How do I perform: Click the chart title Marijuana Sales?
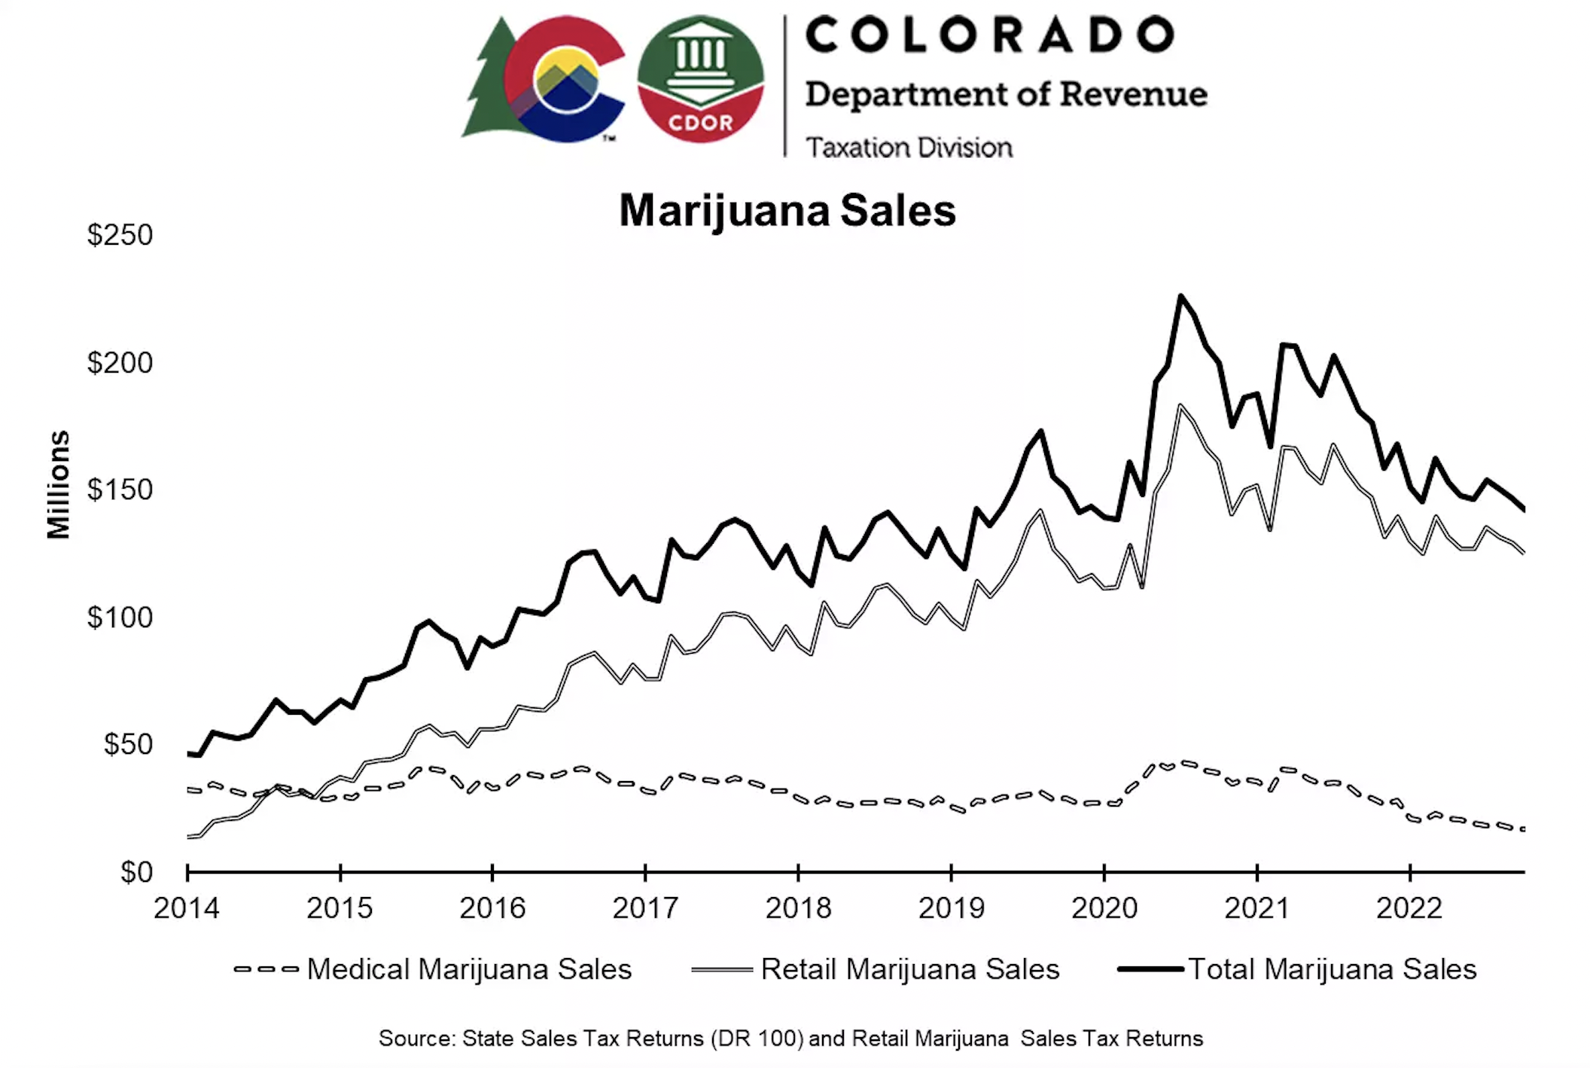(x=787, y=210)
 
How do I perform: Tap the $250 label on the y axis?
(x=120, y=235)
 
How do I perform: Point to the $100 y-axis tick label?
(x=120, y=618)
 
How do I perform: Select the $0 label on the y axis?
(x=136, y=872)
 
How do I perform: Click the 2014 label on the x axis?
(x=186, y=908)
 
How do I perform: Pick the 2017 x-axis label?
(x=645, y=908)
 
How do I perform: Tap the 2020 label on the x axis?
(x=1104, y=908)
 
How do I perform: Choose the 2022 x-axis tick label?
(x=1409, y=908)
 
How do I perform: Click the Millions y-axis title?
(x=59, y=485)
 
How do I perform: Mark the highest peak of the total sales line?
(x=1180, y=296)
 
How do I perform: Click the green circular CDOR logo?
(x=700, y=79)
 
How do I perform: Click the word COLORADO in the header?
(x=989, y=35)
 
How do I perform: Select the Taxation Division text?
(x=909, y=148)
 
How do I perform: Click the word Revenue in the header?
(x=1133, y=94)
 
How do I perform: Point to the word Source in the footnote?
(x=416, y=1039)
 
